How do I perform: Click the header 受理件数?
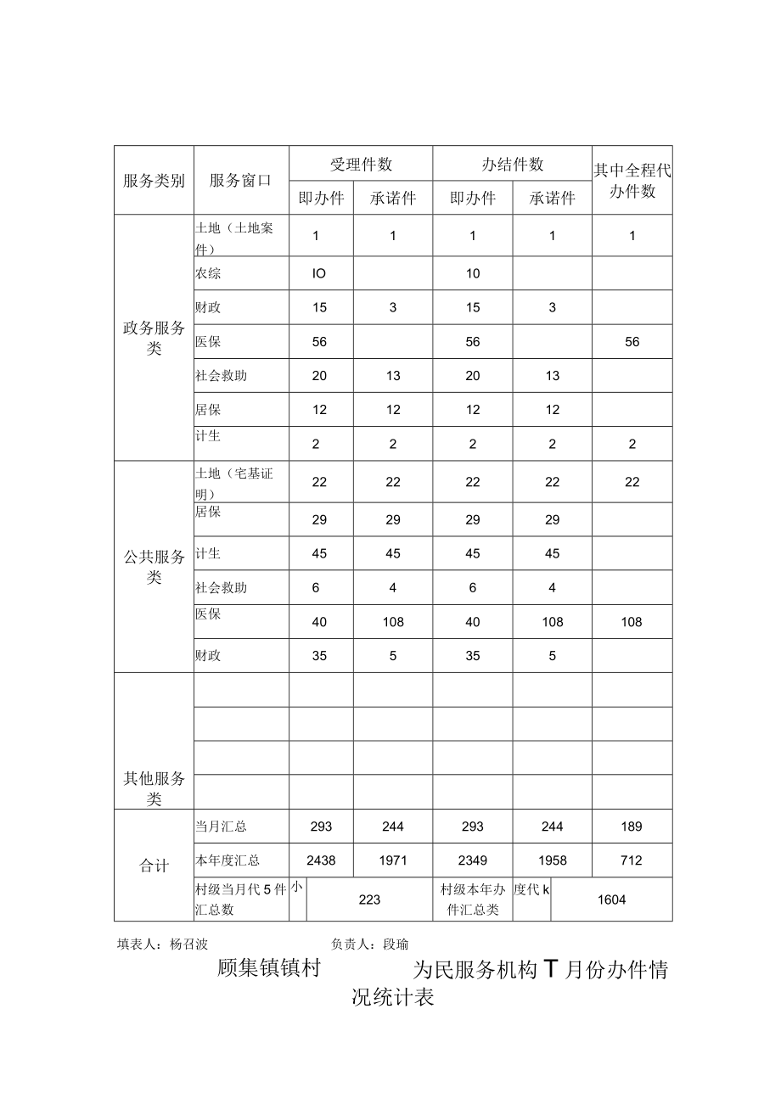[x=361, y=165]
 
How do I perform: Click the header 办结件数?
[x=513, y=165]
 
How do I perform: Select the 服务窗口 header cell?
[x=240, y=181]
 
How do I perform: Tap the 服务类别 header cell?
[x=154, y=181]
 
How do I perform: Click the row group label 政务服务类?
[x=154, y=339]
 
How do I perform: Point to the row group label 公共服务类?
[x=154, y=567]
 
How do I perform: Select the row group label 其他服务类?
[x=154, y=788]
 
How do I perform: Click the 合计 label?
[x=154, y=866]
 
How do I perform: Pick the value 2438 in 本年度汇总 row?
[x=321, y=860]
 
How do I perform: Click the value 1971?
[x=393, y=860]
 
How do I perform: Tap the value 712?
[x=632, y=860]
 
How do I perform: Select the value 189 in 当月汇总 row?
[x=632, y=827]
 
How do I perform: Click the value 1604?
[x=611, y=899]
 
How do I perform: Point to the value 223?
[x=369, y=899]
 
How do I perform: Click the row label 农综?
[x=208, y=274]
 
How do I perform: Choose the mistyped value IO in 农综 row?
[x=319, y=274]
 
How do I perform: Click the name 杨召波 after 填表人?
[x=189, y=944]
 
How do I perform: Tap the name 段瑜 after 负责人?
[x=396, y=944]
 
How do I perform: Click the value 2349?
[x=473, y=860]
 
